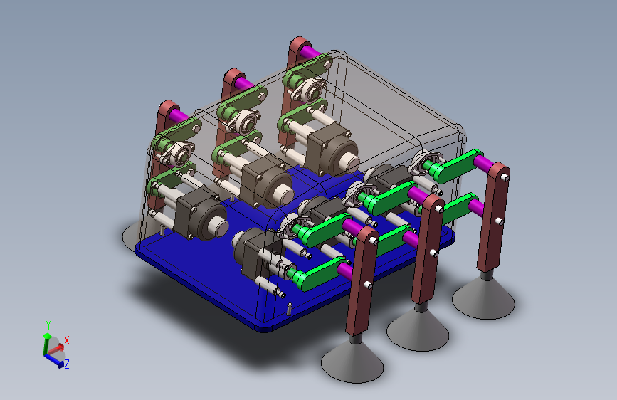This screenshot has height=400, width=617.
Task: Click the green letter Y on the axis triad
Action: [x=48, y=325]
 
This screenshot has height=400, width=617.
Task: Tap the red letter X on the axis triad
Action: [x=67, y=340]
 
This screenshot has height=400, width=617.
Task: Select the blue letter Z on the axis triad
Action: [x=67, y=364]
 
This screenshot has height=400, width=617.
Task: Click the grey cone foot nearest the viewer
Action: [x=352, y=362]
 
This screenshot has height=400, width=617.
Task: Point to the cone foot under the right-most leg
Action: [x=483, y=299]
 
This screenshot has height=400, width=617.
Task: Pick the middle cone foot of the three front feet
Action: [x=418, y=331]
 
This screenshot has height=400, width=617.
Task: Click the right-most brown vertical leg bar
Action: [x=493, y=217]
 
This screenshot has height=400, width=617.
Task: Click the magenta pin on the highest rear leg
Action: [x=312, y=53]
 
